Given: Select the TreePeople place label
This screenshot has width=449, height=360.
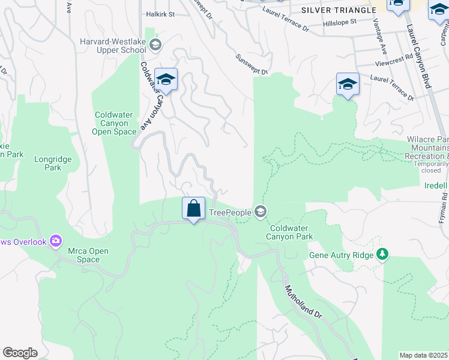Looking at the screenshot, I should [230, 212].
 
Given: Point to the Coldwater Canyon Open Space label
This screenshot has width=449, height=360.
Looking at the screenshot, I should [115, 123].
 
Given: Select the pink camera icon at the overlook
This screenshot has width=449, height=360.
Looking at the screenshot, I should [56, 241].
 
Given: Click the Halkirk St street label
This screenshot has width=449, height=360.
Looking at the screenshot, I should [160, 14].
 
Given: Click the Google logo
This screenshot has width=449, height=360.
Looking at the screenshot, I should [20, 353].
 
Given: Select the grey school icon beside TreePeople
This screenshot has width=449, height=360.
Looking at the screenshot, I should [261, 211].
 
